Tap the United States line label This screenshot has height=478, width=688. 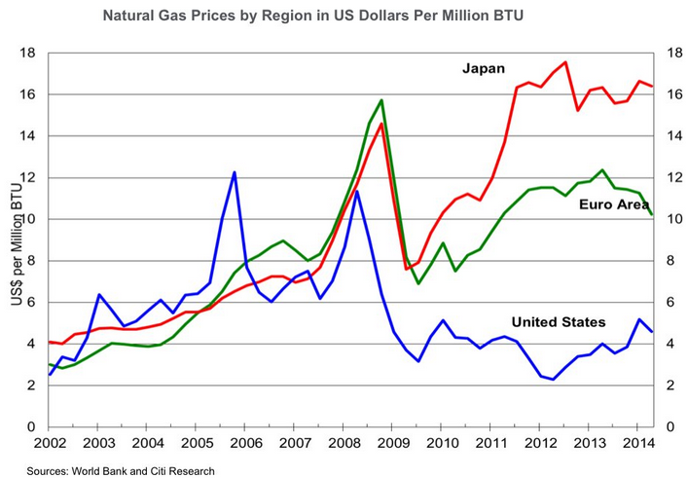(x=558, y=322)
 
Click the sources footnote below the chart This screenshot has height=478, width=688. (x=121, y=470)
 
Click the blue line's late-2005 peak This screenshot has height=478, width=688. (x=235, y=172)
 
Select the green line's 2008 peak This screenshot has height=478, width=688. (x=381, y=100)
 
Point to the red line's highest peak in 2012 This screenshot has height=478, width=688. (x=565, y=62)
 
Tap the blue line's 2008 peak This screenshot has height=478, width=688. (x=357, y=192)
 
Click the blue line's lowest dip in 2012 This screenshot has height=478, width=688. (x=553, y=380)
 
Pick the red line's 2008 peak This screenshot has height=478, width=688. (x=381, y=124)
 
